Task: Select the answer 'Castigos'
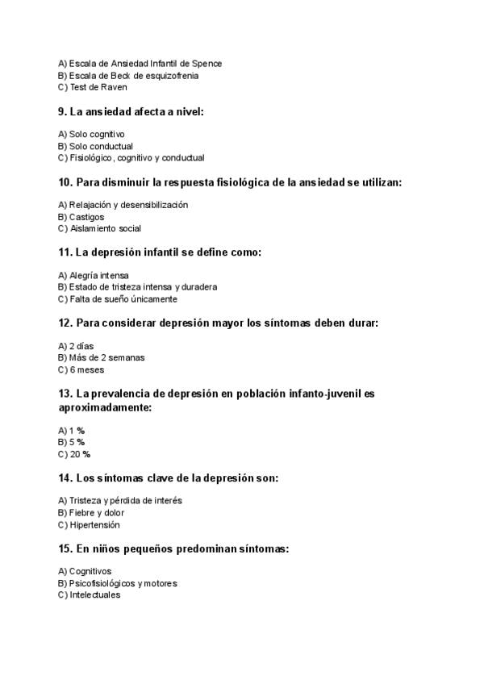point(86,217)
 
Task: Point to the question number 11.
point(66,252)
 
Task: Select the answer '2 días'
point(81,345)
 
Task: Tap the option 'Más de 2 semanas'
point(101,357)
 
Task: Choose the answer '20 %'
point(79,454)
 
